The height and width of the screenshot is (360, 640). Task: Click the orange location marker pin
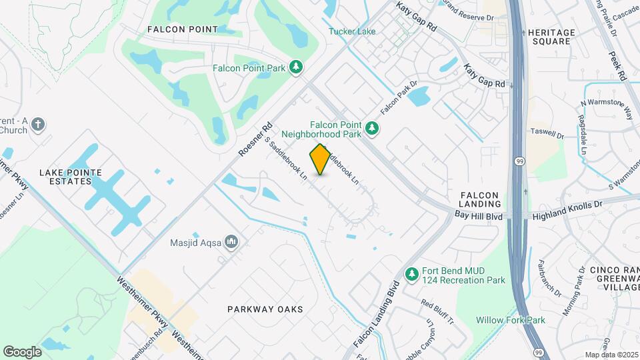[x=321, y=159]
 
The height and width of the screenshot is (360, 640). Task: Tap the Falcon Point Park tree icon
[x=297, y=67]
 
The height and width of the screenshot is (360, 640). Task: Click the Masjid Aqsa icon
[x=231, y=241]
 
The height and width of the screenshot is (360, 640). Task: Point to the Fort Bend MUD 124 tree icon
[x=412, y=274]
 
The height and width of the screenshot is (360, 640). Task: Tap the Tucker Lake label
[x=352, y=31]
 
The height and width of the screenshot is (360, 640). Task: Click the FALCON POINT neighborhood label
[x=182, y=29]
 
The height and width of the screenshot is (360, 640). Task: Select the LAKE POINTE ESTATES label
[x=71, y=177]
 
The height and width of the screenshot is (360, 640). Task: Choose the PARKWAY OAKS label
[x=265, y=309]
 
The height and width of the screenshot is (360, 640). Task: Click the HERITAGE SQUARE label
[x=550, y=37]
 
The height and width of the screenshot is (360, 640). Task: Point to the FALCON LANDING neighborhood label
[x=480, y=199]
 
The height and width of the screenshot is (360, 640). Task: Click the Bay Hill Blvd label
[x=479, y=215]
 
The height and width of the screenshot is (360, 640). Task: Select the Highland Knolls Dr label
[x=567, y=209]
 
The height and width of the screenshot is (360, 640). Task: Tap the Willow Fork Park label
[x=511, y=320]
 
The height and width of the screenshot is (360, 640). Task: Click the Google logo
[x=22, y=351]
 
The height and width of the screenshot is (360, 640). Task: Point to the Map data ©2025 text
[x=611, y=355]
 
